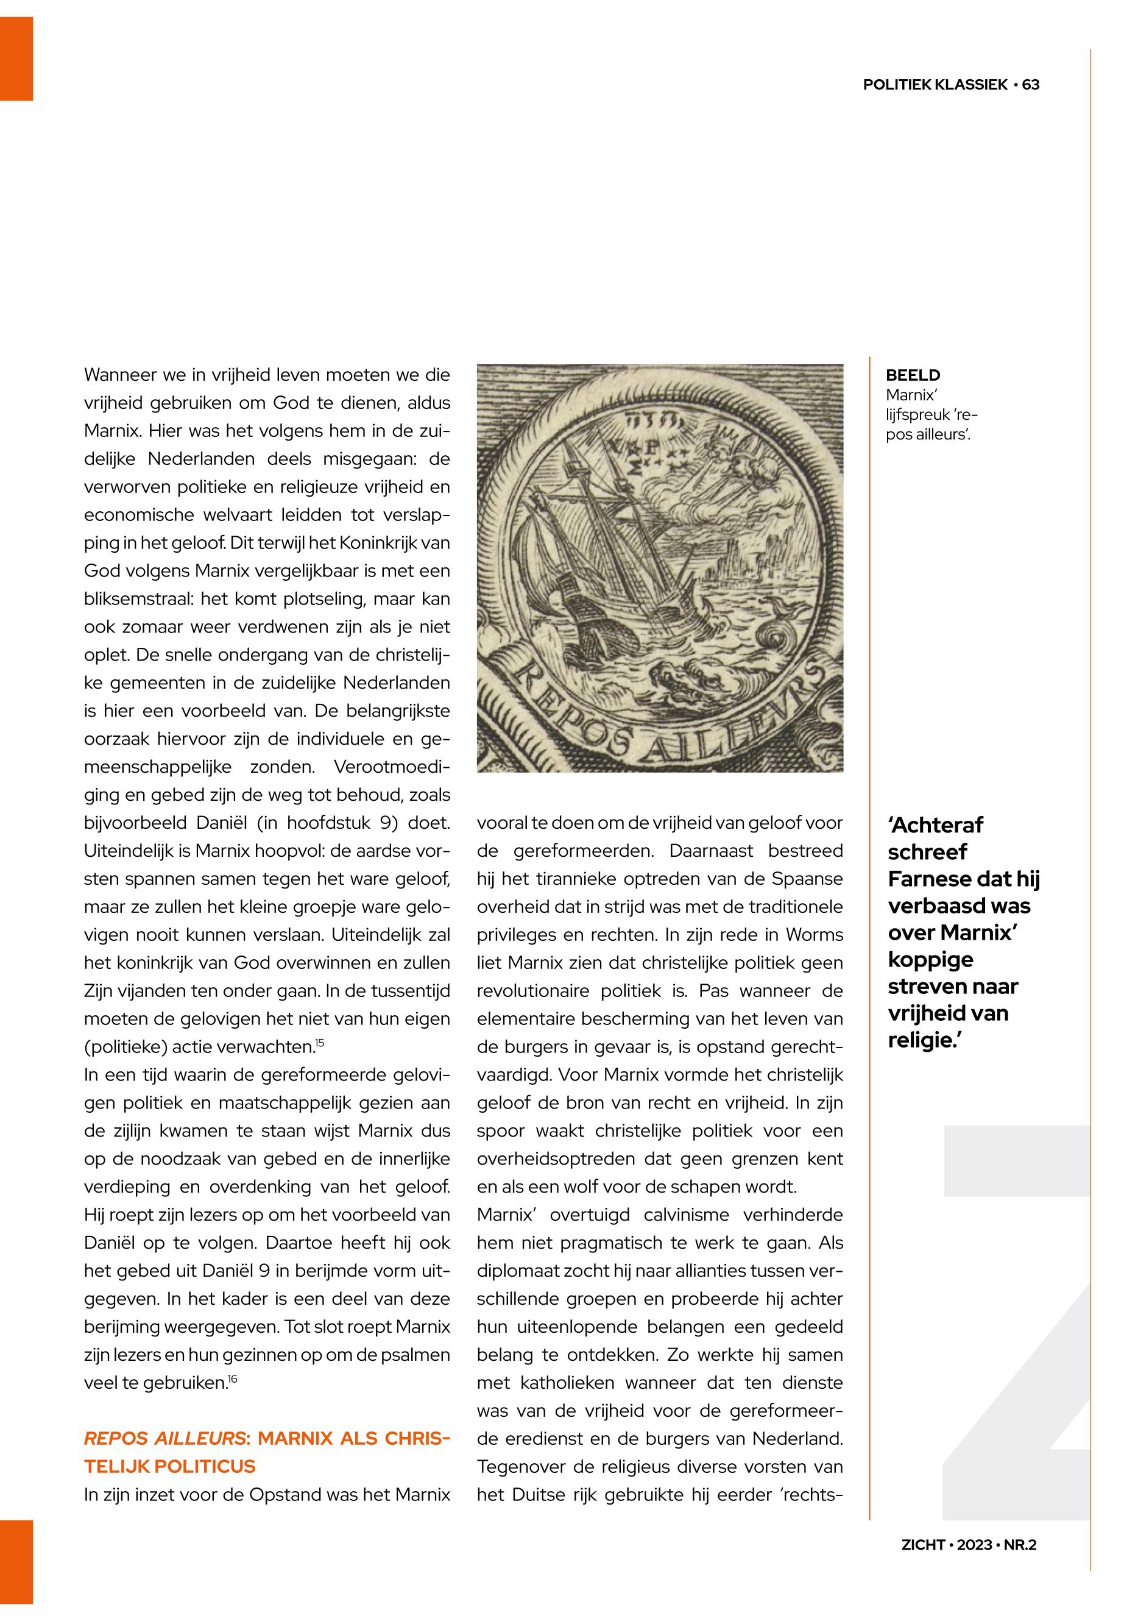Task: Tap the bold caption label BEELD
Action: pyautogui.click(x=913, y=375)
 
